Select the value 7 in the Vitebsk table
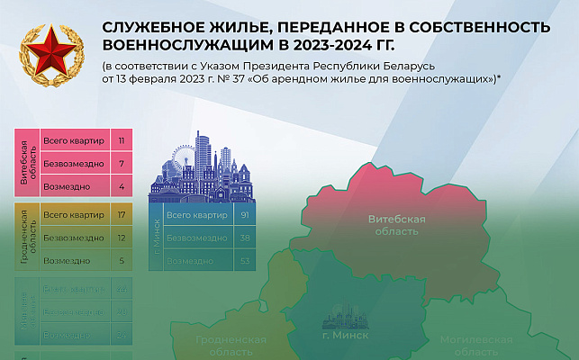121,165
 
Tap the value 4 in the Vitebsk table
121,186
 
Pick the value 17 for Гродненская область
121,216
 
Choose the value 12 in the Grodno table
121,238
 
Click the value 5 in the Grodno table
121,261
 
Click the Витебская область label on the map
396,225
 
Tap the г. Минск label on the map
346,335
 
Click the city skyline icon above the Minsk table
206,166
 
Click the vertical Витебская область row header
26,164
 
